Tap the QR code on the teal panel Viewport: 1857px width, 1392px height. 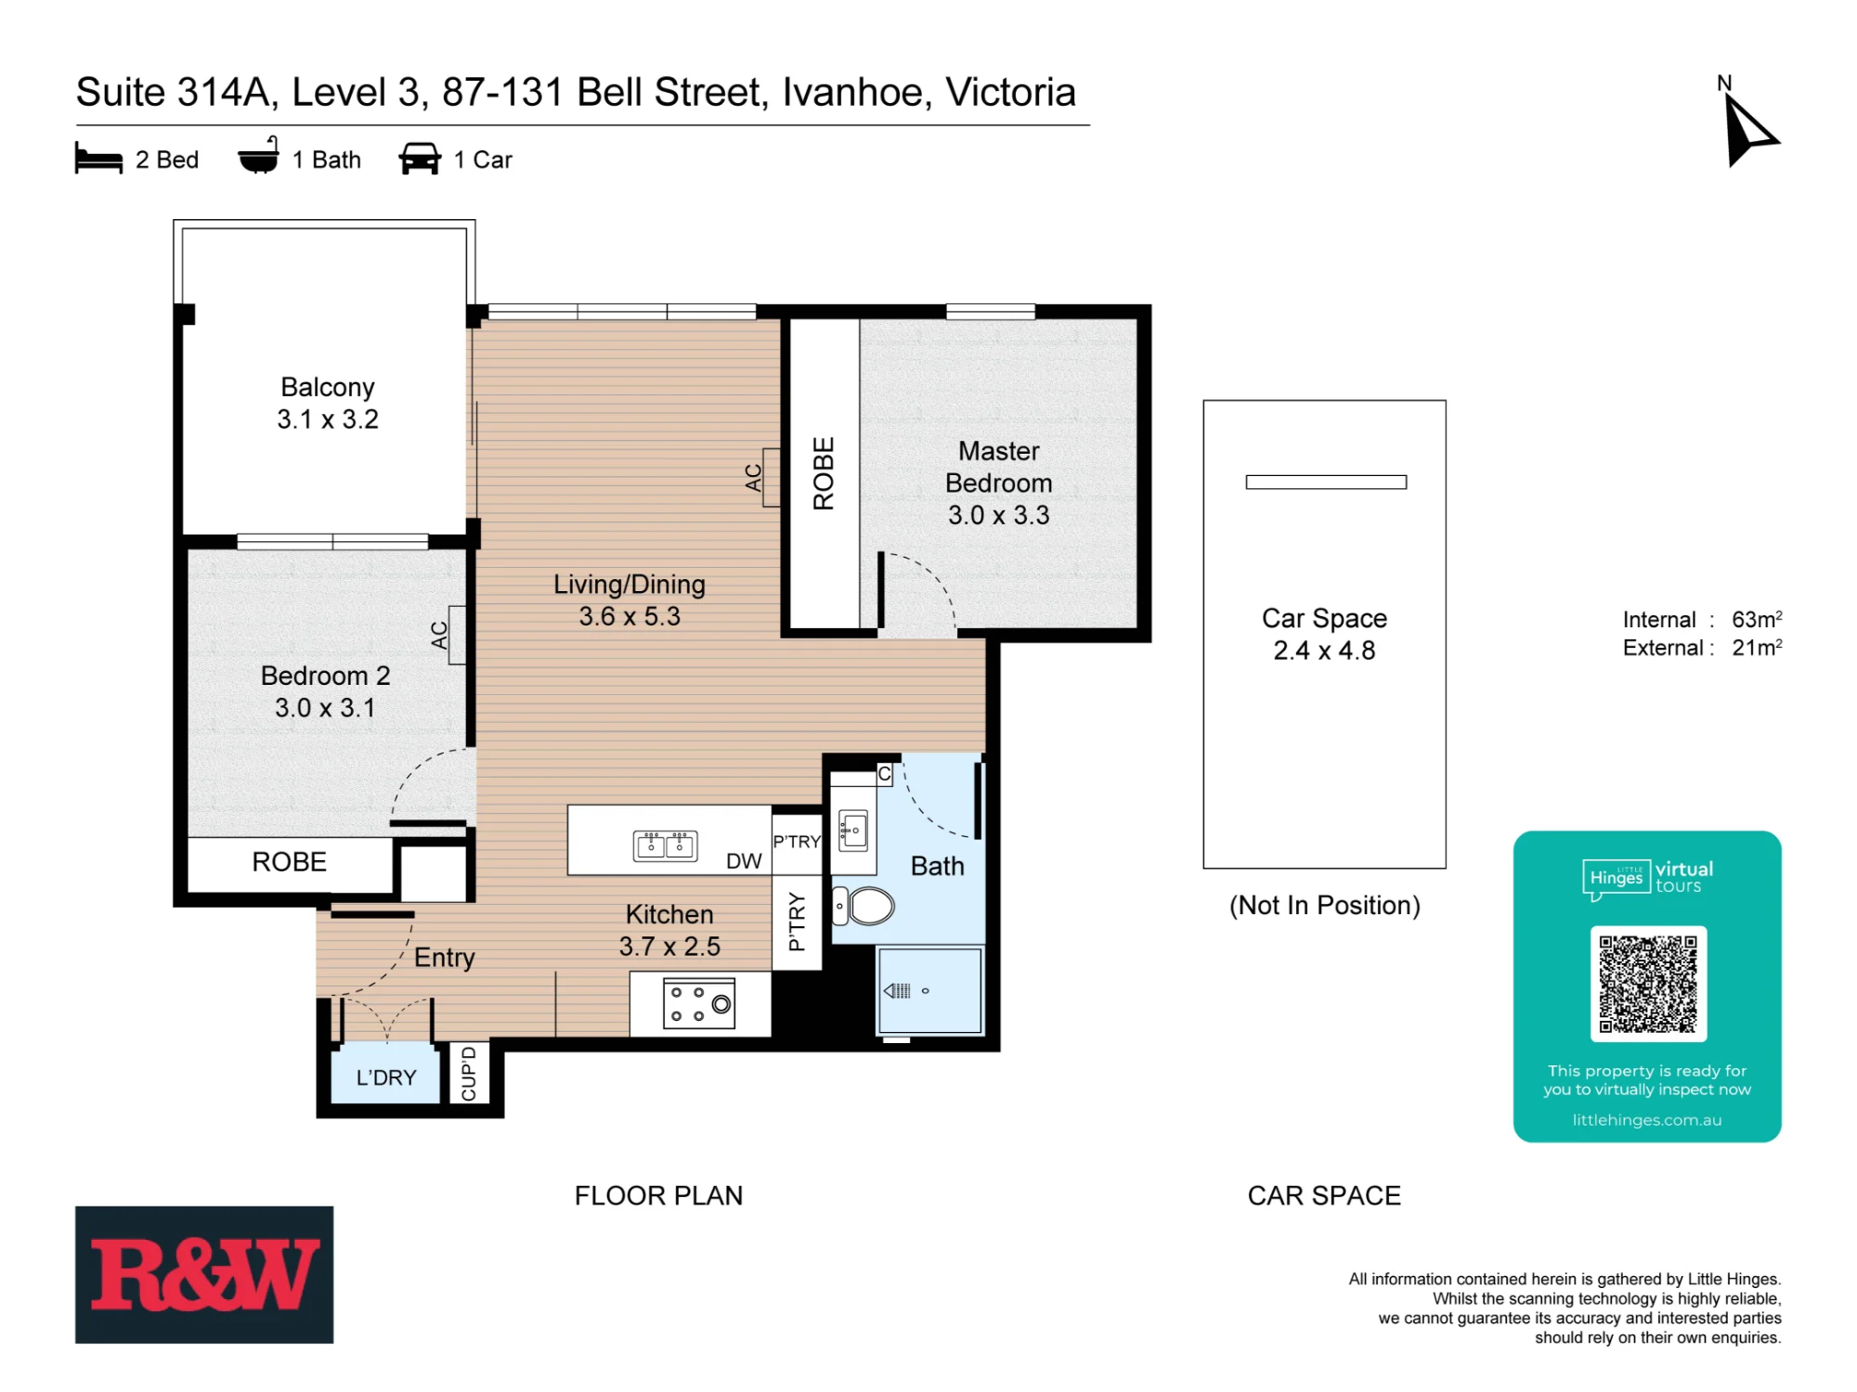(x=1648, y=984)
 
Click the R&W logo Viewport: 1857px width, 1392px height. (x=204, y=1274)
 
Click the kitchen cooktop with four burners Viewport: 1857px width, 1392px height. (x=699, y=1003)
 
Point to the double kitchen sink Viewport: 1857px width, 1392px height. (x=665, y=845)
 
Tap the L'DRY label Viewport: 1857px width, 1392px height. (x=386, y=1077)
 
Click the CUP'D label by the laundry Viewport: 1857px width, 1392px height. (x=469, y=1074)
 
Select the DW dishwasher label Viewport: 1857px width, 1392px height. (x=744, y=861)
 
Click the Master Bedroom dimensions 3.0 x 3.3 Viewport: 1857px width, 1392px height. (x=998, y=515)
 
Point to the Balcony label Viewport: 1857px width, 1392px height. (x=328, y=387)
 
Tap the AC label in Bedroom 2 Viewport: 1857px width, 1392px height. (x=439, y=635)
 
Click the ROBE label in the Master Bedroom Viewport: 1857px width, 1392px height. (x=824, y=473)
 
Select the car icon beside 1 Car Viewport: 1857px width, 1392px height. (x=420, y=159)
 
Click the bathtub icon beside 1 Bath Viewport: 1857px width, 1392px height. (x=259, y=156)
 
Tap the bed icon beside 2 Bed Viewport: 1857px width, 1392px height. (x=98, y=159)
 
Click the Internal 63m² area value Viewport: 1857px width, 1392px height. (x=1757, y=619)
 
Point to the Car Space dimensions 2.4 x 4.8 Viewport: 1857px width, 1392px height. (x=1324, y=651)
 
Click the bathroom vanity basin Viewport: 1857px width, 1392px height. (x=853, y=830)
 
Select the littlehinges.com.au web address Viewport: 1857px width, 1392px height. (x=1647, y=1120)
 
